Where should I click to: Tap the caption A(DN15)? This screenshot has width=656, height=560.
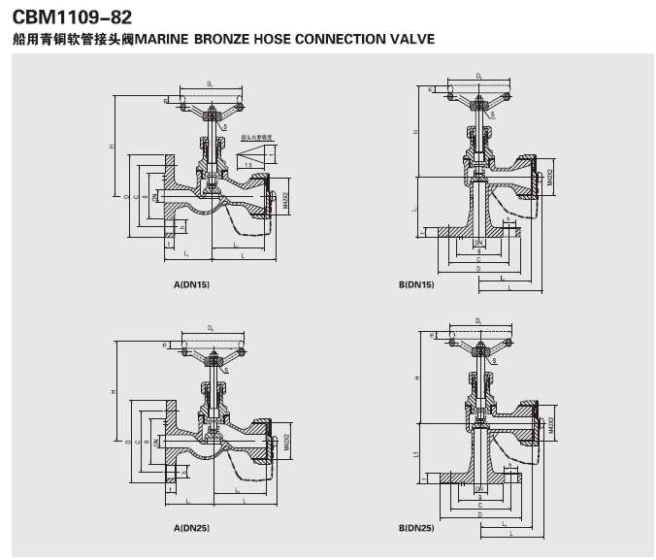coord(191,284)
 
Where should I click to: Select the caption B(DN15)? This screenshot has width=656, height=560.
coord(416,284)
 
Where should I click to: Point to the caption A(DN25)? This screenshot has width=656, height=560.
coord(191,528)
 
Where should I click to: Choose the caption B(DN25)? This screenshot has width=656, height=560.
coord(416,528)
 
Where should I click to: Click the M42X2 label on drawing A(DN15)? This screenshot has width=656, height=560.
coord(286,200)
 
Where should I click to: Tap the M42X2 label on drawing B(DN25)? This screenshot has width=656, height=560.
coord(550,424)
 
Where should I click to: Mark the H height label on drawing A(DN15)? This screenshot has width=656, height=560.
coord(113,148)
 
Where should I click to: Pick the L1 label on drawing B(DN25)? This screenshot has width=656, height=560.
coord(415,454)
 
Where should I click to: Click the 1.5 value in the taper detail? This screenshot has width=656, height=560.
coord(248,165)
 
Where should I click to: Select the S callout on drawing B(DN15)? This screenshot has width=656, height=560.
coord(493,114)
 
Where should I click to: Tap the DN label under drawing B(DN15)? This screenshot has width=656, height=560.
coord(478,241)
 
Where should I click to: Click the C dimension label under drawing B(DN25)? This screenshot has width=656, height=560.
coord(478,505)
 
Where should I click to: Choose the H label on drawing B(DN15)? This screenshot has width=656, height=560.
coord(415,132)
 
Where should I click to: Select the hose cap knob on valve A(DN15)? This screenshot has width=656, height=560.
coord(275,199)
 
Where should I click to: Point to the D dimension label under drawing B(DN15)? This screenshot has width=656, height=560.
coord(478,268)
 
